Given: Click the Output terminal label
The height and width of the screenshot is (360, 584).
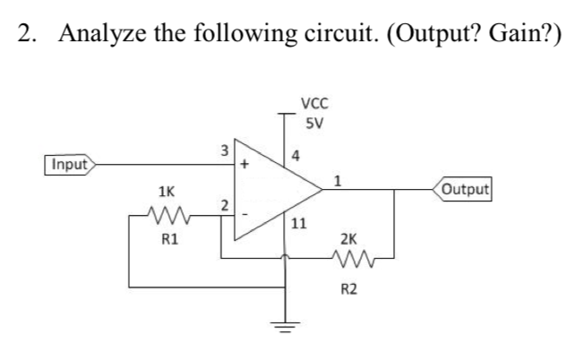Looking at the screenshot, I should (x=464, y=189).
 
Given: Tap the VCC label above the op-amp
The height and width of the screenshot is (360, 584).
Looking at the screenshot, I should (x=314, y=102).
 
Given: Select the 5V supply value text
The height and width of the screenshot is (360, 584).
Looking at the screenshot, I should (x=313, y=122).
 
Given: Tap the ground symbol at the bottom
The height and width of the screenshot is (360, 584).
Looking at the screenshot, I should (x=286, y=323).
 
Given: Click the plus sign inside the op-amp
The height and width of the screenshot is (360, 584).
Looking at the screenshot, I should (x=242, y=166).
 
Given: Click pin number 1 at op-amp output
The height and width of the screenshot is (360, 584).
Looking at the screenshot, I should (x=337, y=179).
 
